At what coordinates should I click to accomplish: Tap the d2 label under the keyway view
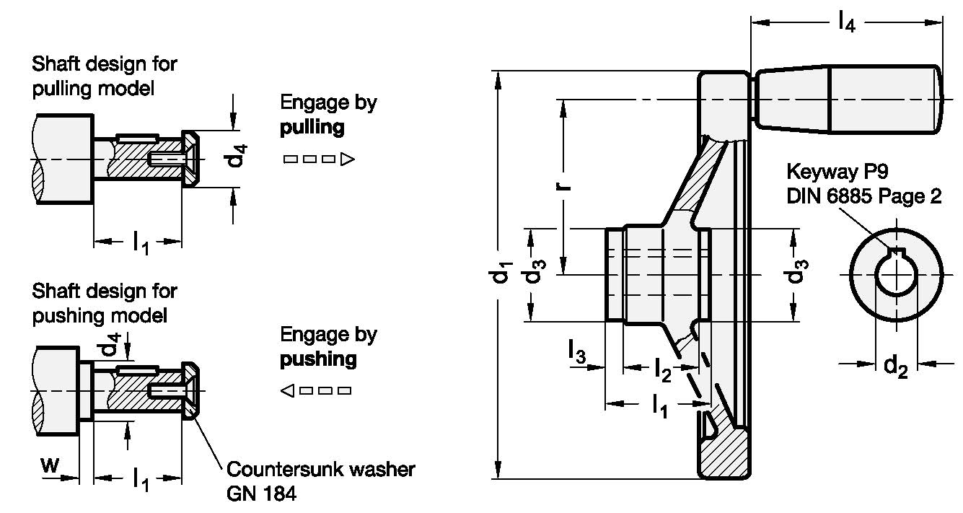click(x=895, y=367)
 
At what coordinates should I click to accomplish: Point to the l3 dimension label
click(x=576, y=354)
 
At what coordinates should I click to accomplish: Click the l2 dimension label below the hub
click(x=663, y=369)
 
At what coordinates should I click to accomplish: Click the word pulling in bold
click(x=312, y=128)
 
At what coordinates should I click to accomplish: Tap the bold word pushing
click(x=318, y=359)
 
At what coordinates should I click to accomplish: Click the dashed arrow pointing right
click(x=317, y=159)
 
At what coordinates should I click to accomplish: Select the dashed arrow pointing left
click(x=316, y=391)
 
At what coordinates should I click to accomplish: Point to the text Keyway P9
click(x=837, y=173)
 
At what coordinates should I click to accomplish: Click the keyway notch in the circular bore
click(x=897, y=252)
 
